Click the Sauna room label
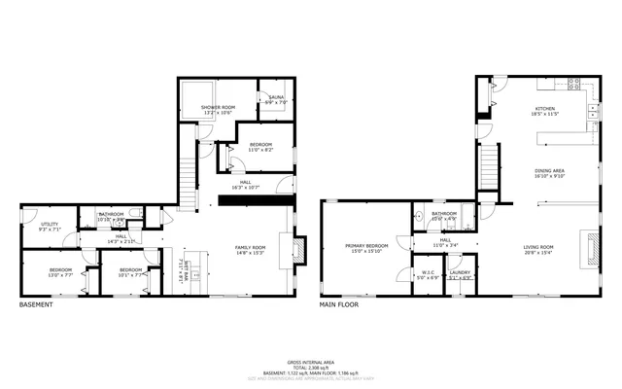point(271,98)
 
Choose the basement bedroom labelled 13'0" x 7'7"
point(60,271)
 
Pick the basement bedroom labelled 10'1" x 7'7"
point(131,271)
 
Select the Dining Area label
point(549,173)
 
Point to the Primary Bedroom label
point(366,248)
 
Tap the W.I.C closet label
point(429,274)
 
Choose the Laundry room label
point(460,274)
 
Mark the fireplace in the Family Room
point(298,250)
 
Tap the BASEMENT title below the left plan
point(36,304)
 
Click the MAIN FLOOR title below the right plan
point(340,304)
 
